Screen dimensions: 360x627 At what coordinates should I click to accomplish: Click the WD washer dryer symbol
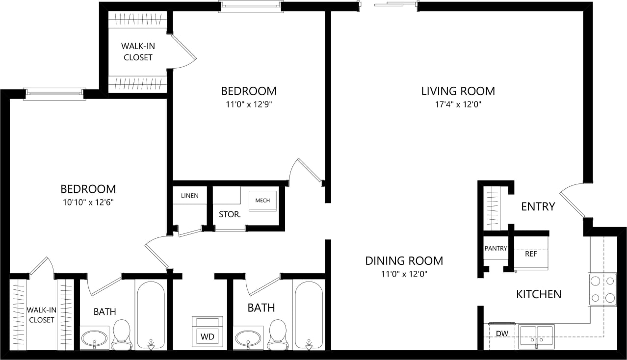click(207, 336)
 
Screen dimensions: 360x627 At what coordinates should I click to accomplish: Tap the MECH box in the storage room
click(262, 201)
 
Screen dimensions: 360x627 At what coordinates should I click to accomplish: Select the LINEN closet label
click(189, 196)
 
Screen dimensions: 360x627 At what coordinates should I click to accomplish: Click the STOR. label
click(229, 214)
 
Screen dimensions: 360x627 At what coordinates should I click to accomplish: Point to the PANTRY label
click(496, 249)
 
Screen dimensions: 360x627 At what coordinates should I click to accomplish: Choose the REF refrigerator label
click(531, 254)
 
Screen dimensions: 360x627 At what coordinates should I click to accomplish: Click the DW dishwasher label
click(501, 334)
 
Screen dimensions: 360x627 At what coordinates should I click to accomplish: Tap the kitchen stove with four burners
click(602, 289)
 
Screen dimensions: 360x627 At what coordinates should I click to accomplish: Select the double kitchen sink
click(536, 337)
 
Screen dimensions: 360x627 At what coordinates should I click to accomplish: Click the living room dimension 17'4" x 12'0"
click(458, 104)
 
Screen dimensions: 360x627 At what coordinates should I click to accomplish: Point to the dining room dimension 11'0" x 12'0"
click(404, 274)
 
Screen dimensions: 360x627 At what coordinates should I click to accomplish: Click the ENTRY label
click(538, 206)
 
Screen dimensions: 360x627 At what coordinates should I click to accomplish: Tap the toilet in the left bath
click(121, 335)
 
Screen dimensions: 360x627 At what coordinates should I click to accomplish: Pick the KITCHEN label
click(539, 294)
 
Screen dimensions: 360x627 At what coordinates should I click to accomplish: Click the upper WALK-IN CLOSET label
click(137, 52)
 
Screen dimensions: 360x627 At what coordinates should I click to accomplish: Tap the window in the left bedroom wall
click(54, 94)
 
